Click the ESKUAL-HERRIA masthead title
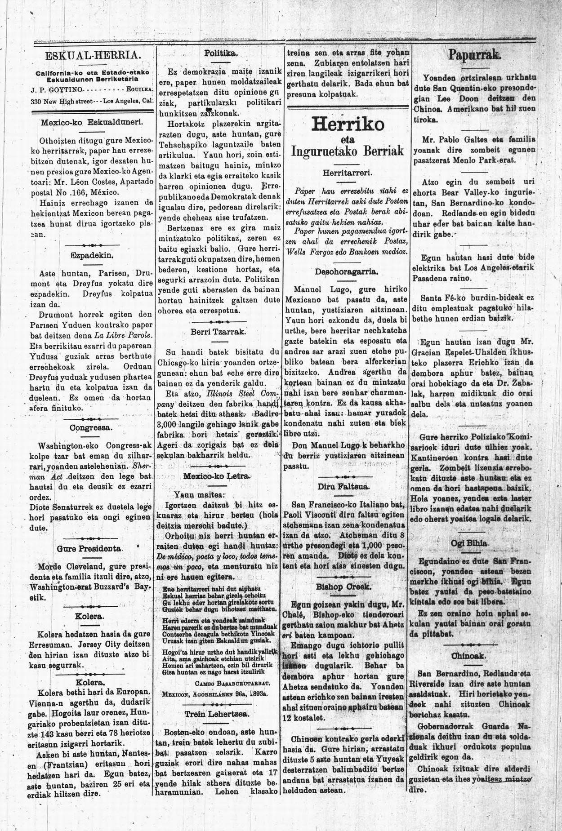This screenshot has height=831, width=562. (94, 56)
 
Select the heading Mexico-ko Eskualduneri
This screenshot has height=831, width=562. (91, 122)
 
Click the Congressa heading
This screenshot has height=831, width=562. (91, 427)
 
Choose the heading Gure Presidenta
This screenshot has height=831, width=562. (90, 548)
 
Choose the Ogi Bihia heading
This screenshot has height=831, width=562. (471, 543)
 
